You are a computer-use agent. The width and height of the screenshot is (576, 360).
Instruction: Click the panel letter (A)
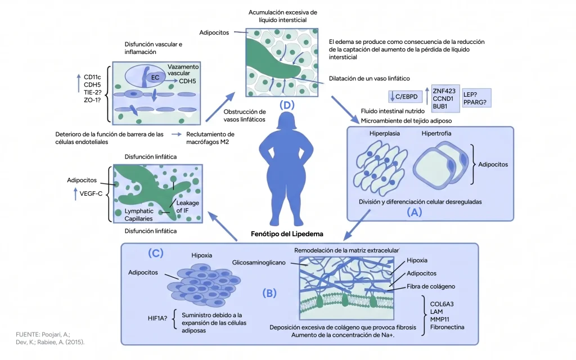click(414, 212)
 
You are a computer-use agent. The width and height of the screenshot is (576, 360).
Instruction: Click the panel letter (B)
click(269, 293)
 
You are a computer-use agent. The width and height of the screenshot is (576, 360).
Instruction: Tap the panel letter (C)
click(155, 253)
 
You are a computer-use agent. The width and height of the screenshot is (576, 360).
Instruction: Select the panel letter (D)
click(287, 105)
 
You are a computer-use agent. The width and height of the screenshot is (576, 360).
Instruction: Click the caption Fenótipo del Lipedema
click(287, 234)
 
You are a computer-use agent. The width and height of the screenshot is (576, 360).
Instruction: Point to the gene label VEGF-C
click(91, 193)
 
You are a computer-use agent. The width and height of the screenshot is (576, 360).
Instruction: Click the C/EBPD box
click(406, 97)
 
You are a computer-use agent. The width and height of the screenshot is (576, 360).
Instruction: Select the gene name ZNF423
click(444, 91)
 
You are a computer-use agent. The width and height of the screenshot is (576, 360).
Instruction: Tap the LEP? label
click(470, 94)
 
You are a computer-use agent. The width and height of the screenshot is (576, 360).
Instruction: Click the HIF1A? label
click(157, 318)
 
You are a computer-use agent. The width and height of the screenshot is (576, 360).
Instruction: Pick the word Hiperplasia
click(385, 134)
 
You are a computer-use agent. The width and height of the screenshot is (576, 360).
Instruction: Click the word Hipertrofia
click(436, 134)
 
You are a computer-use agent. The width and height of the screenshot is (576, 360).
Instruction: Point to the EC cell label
click(155, 78)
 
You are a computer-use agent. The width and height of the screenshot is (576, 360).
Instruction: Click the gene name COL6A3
click(442, 304)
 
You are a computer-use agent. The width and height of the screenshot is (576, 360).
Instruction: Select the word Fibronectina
click(447, 327)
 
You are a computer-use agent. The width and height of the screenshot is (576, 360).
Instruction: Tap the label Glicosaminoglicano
click(259, 263)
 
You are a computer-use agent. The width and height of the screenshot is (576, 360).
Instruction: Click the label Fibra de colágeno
click(430, 286)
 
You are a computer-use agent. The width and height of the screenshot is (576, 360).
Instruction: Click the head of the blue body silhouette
click(286, 121)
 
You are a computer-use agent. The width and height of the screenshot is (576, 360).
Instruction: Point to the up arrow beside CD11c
click(78, 83)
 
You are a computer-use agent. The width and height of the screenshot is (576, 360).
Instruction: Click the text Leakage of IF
click(187, 206)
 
